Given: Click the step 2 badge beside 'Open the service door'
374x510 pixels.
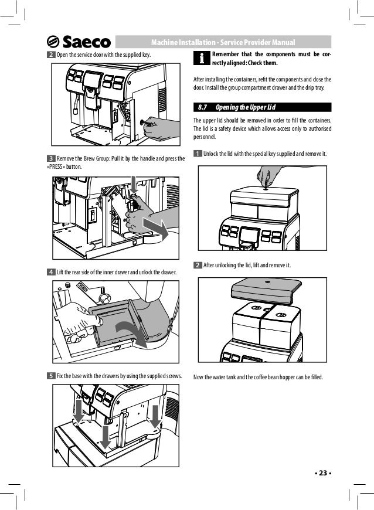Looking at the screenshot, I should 51,55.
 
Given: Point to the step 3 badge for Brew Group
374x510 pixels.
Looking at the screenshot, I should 51,159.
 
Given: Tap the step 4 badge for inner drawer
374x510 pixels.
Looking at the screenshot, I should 51,272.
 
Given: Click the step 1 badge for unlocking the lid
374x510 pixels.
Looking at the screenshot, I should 198,154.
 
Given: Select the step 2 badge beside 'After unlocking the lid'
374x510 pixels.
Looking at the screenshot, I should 198,265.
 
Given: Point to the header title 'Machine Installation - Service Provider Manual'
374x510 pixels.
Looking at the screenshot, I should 223,42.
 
